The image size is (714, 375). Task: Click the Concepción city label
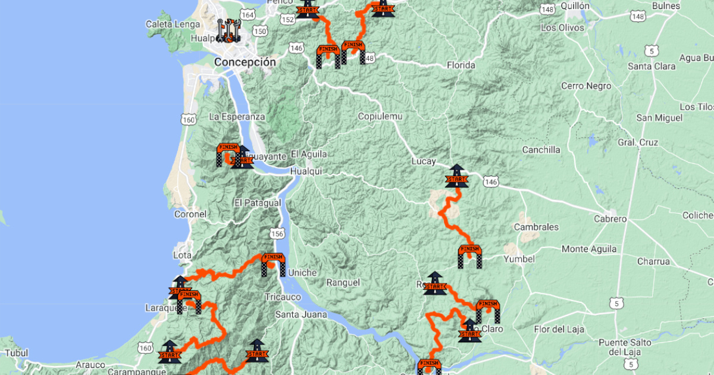[245, 62]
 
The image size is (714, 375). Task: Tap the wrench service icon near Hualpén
[228, 30]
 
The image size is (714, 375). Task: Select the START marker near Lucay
[456, 177]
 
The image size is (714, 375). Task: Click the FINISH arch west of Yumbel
[469, 256]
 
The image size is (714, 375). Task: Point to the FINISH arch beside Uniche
[273, 264]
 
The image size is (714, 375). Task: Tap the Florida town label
[462, 65]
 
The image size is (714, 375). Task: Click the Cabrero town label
[610, 219]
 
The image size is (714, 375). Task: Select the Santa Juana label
[300, 314]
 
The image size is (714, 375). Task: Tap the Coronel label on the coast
[190, 214]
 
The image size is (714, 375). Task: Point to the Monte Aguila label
[588, 249]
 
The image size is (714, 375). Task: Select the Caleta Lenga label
[171, 24]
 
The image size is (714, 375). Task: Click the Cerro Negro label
[585, 86]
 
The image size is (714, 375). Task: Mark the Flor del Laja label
[559, 329]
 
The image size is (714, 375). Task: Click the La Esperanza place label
[237, 117]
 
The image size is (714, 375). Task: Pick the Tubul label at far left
[15, 353]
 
